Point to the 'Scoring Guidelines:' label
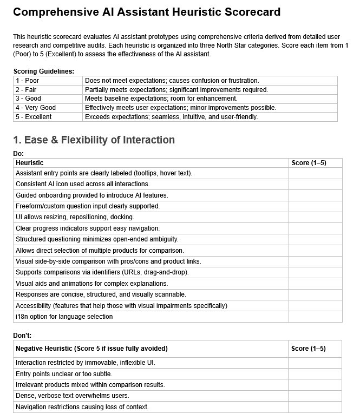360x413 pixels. (x=44, y=71)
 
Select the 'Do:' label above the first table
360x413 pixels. (x=19, y=154)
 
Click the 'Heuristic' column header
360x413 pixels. (x=30, y=163)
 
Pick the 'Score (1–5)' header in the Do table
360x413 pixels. (x=309, y=163)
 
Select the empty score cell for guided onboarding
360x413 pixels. (x=315, y=195)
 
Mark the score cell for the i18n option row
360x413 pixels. (x=315, y=317)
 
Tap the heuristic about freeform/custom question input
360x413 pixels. (x=88, y=206)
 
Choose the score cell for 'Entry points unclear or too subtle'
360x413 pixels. (x=315, y=374)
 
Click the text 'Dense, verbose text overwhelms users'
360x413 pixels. (x=71, y=396)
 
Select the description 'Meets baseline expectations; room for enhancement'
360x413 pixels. (x=161, y=99)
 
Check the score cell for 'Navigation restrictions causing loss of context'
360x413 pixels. (x=315, y=407)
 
